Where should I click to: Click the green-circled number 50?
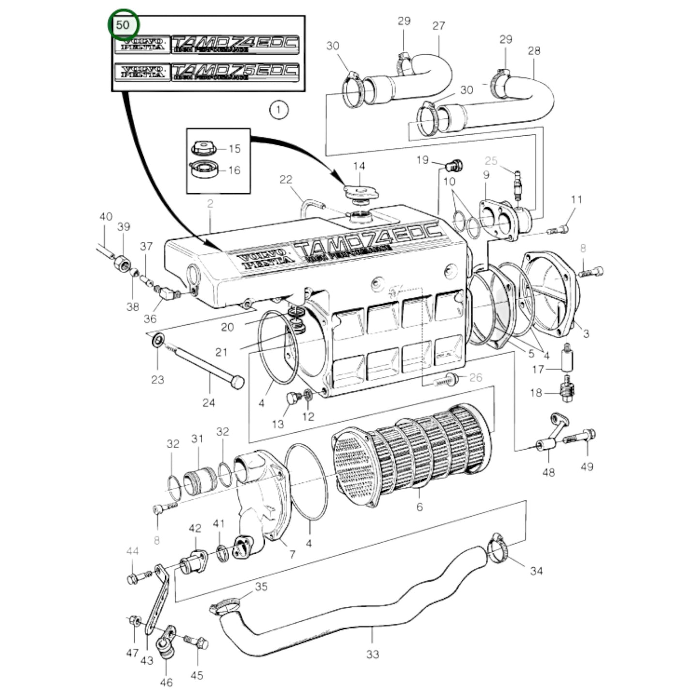[x=123, y=24]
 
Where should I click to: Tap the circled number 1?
[x=278, y=110]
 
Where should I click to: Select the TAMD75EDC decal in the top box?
[x=235, y=72]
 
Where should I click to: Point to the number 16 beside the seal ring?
[x=234, y=170]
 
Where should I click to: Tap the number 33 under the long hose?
[x=372, y=654]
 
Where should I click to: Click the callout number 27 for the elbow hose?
[x=438, y=26]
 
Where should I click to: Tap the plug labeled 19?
[x=454, y=166]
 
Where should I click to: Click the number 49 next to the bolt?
[x=587, y=467]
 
